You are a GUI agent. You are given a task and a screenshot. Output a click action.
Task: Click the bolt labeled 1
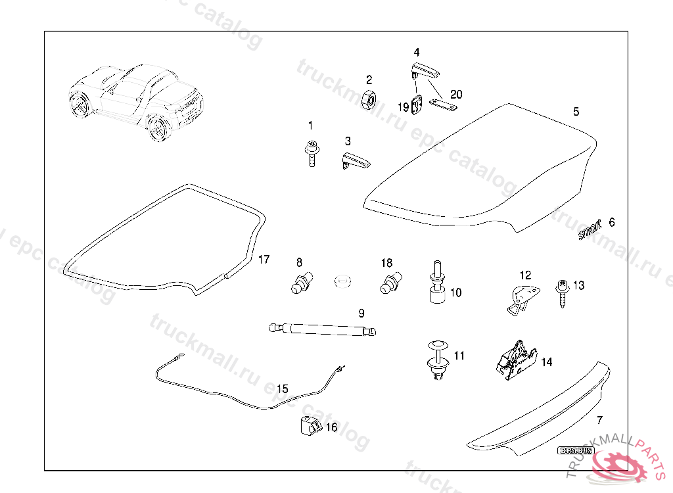(x=312, y=154)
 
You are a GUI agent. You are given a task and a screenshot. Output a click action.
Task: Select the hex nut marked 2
(x=369, y=100)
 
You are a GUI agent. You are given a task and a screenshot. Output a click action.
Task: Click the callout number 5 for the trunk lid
(x=576, y=112)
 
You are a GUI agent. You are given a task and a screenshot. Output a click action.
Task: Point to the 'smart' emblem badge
(x=589, y=230)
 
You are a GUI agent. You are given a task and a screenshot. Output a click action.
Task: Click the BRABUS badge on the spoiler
(x=576, y=451)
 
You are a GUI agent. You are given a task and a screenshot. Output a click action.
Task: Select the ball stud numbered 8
(x=302, y=283)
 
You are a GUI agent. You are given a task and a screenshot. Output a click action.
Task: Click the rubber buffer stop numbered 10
(x=437, y=286)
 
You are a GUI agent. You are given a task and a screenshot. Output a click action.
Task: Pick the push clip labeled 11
(x=437, y=362)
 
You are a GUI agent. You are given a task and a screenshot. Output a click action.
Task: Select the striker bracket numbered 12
(x=522, y=297)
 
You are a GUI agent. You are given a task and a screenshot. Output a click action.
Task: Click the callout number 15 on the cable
(x=282, y=388)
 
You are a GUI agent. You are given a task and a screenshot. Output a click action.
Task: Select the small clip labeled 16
(x=307, y=425)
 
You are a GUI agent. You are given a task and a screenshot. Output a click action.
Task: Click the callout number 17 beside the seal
(x=264, y=260)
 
